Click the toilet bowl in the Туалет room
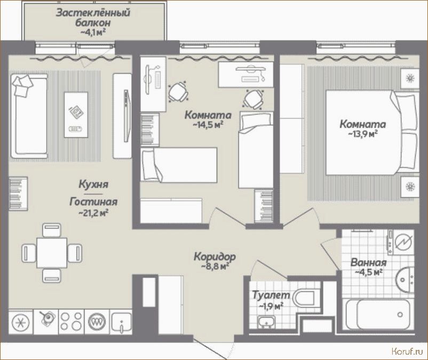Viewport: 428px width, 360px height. [x=304, y=298]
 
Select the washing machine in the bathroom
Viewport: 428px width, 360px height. [x=400, y=243]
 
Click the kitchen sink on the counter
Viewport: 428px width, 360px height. [x=122, y=322]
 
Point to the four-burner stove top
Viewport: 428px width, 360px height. [x=71, y=321]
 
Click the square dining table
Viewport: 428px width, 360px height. [x=52, y=253]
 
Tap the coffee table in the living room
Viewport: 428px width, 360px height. [x=76, y=115]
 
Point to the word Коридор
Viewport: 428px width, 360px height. [x=215, y=257]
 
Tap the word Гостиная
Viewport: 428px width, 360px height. [x=93, y=202]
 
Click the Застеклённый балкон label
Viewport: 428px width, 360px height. [x=93, y=18]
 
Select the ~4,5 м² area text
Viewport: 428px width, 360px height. [x=368, y=272]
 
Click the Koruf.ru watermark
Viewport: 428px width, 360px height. [x=407, y=351]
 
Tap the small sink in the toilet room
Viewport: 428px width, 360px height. [x=266, y=321]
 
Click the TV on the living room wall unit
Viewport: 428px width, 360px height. [x=126, y=116]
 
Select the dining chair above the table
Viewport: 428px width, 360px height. [x=52, y=230]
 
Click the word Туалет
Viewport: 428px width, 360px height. [x=271, y=295]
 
